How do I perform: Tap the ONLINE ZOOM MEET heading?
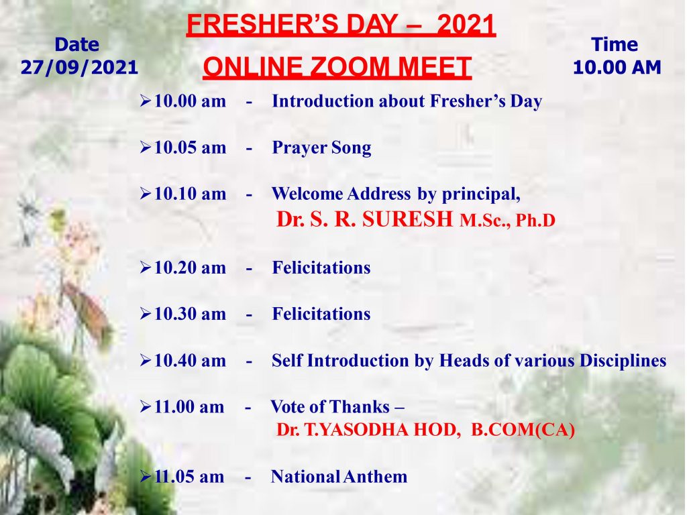click(x=337, y=67)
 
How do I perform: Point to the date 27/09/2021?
click(x=79, y=68)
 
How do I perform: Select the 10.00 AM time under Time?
click(x=617, y=68)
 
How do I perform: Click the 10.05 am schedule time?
click(x=190, y=148)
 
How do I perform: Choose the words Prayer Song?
click(x=321, y=148)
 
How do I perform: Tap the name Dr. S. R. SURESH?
click(x=364, y=219)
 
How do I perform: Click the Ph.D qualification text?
click(x=535, y=220)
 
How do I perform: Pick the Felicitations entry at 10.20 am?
click(x=321, y=268)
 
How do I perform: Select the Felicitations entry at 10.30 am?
click(x=321, y=314)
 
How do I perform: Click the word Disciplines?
click(x=623, y=361)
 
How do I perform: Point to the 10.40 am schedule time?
click(x=190, y=361)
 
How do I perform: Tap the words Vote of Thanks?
click(x=330, y=407)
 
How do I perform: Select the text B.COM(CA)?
click(x=523, y=430)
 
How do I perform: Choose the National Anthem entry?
click(x=339, y=477)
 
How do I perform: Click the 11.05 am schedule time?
click(x=189, y=477)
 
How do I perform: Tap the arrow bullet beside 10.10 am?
click(x=146, y=194)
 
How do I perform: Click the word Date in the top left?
click(x=76, y=45)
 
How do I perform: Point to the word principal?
click(x=481, y=194)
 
